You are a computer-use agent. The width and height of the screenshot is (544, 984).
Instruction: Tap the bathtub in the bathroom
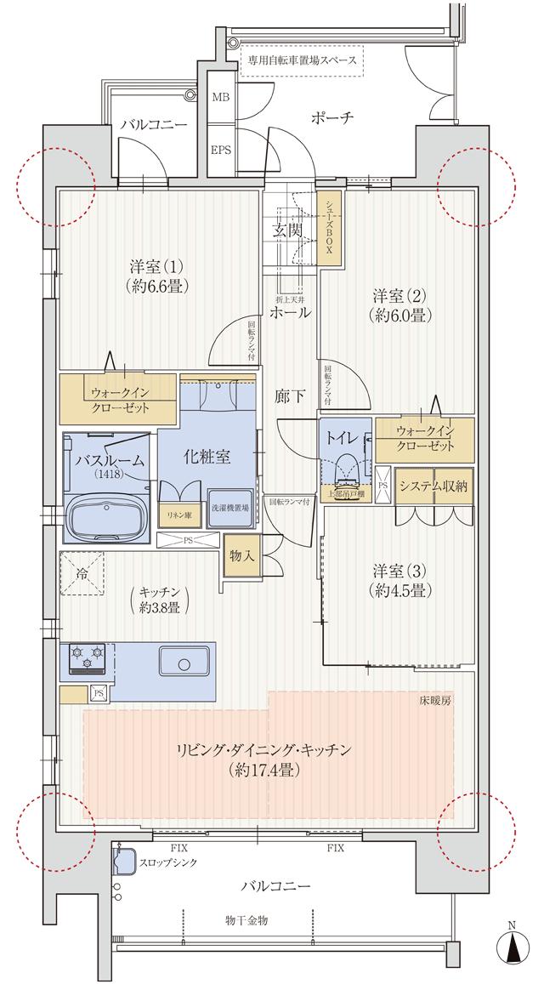coord(106,514)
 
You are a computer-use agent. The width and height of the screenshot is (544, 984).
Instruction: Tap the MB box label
coord(221,97)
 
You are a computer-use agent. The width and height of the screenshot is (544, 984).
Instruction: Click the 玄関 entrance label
coord(287,230)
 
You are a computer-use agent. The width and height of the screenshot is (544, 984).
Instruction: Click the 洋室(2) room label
coord(398,305)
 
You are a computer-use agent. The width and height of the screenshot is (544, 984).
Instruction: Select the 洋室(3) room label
coord(398,579)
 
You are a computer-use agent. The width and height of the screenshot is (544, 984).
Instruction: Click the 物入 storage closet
coord(241,556)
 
